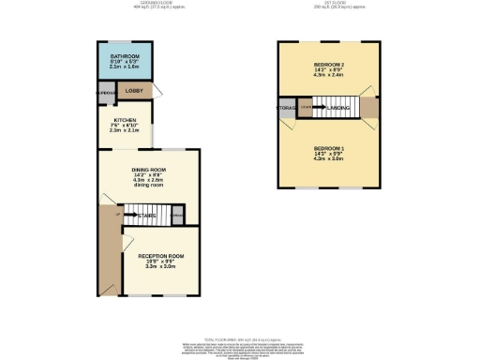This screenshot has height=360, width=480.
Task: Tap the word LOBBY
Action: point(133,91)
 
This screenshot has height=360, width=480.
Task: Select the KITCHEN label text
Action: point(127,120)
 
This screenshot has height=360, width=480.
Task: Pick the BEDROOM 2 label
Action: point(329,63)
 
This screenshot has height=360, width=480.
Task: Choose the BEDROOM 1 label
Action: point(329,148)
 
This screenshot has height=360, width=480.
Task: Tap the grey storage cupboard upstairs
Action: point(287,109)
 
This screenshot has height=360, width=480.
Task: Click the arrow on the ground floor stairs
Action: point(133,215)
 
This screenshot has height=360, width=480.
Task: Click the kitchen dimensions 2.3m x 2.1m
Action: point(127,131)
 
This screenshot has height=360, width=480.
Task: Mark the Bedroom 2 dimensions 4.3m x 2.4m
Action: point(329,75)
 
